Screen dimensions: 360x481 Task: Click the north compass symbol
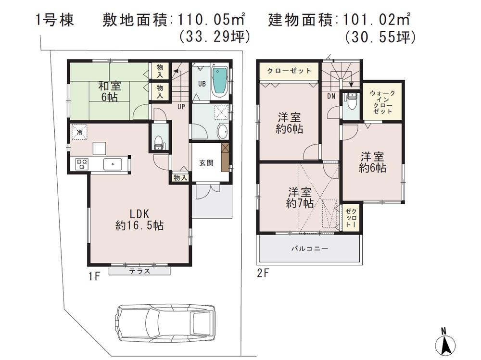pos(445,342)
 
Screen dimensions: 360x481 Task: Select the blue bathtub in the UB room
pos(220,82)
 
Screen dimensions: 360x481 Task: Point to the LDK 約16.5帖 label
pos(139,219)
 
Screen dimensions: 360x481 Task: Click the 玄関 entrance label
pos(206,162)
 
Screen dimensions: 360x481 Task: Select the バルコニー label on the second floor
pos(309,249)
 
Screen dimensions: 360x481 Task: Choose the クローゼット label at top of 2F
pos(289,71)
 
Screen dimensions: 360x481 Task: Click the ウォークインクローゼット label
pos(382,101)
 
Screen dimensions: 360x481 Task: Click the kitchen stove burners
pos(81,164)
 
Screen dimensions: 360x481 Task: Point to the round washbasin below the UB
pos(223,131)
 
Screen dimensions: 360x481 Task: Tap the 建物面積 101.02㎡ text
pos(339,21)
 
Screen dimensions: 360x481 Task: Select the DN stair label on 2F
pos(332,96)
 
